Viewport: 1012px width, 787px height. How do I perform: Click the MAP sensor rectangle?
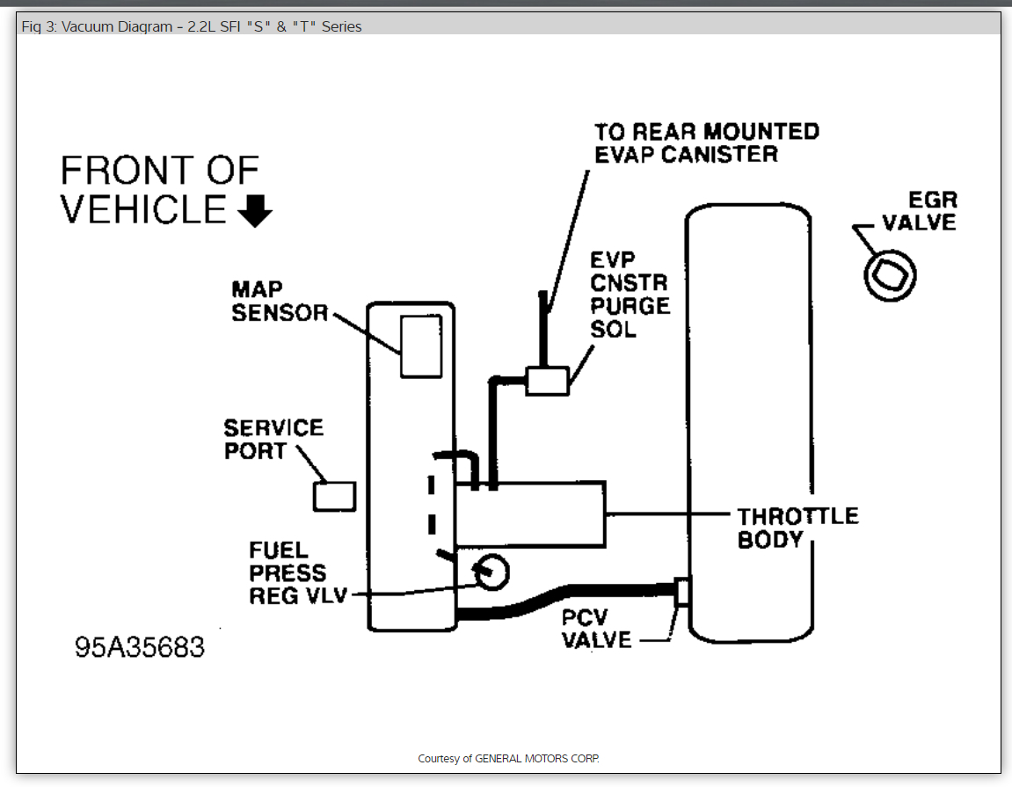420,346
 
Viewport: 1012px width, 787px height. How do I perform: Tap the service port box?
334,496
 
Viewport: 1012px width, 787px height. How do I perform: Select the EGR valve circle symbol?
890,275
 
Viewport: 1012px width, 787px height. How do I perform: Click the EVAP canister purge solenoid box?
547,381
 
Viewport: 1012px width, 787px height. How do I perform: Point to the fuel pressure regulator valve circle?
489,573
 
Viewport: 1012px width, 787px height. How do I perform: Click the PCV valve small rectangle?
681,591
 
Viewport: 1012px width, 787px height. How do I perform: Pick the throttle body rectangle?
529,512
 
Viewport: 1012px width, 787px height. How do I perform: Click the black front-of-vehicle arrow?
256,211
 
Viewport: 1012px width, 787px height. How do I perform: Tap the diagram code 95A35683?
140,647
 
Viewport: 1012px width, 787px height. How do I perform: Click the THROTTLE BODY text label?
797,527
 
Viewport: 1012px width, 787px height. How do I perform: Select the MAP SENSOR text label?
280,301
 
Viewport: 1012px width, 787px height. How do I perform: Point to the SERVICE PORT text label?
273,439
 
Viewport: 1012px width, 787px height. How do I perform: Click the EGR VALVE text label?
919,211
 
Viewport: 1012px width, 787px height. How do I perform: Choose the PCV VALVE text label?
597,628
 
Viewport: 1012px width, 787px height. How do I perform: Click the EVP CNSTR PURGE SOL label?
629,295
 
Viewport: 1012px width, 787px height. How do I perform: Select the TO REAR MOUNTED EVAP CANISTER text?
706,142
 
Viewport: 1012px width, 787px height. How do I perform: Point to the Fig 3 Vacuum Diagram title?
191,26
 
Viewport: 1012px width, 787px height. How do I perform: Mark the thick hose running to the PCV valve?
572,598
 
